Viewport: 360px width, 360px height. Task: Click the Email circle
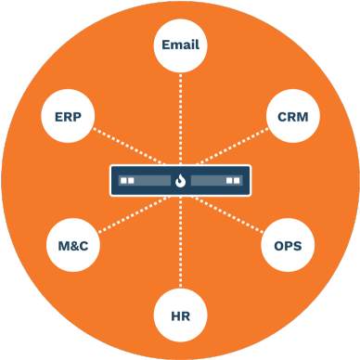(x=180, y=45)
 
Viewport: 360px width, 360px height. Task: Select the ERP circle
(x=68, y=118)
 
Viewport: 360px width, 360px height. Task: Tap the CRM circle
(x=292, y=118)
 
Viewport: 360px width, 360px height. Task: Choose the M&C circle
(x=72, y=247)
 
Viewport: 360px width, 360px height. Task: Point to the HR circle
(x=180, y=315)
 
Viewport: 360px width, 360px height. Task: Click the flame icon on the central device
(x=180, y=181)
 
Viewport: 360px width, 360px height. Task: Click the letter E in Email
(x=165, y=45)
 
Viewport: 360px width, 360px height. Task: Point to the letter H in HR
(x=174, y=315)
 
